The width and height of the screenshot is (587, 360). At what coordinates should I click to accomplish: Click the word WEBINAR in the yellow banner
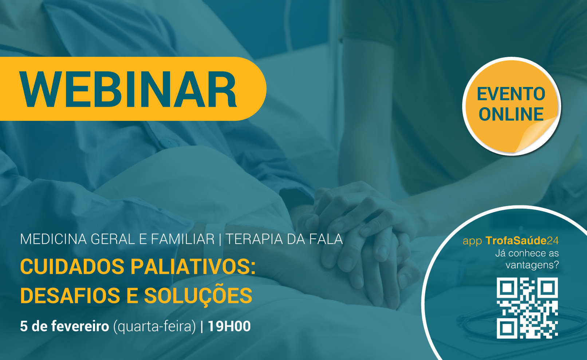tap(128, 89)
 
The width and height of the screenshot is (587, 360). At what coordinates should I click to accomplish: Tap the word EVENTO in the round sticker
tap(511, 94)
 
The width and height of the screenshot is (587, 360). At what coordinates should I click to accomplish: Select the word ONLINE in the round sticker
tap(511, 114)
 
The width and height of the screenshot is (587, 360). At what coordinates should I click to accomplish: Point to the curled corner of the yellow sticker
tap(537, 135)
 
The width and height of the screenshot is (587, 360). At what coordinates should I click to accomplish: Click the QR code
tap(527, 308)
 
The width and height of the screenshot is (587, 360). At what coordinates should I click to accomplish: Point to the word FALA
tap(326, 239)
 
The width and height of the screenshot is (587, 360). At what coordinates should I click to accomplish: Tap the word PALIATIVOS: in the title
tap(193, 267)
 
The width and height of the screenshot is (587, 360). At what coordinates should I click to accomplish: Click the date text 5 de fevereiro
tap(64, 326)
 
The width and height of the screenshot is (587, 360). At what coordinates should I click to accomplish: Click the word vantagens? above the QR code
tap(532, 265)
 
